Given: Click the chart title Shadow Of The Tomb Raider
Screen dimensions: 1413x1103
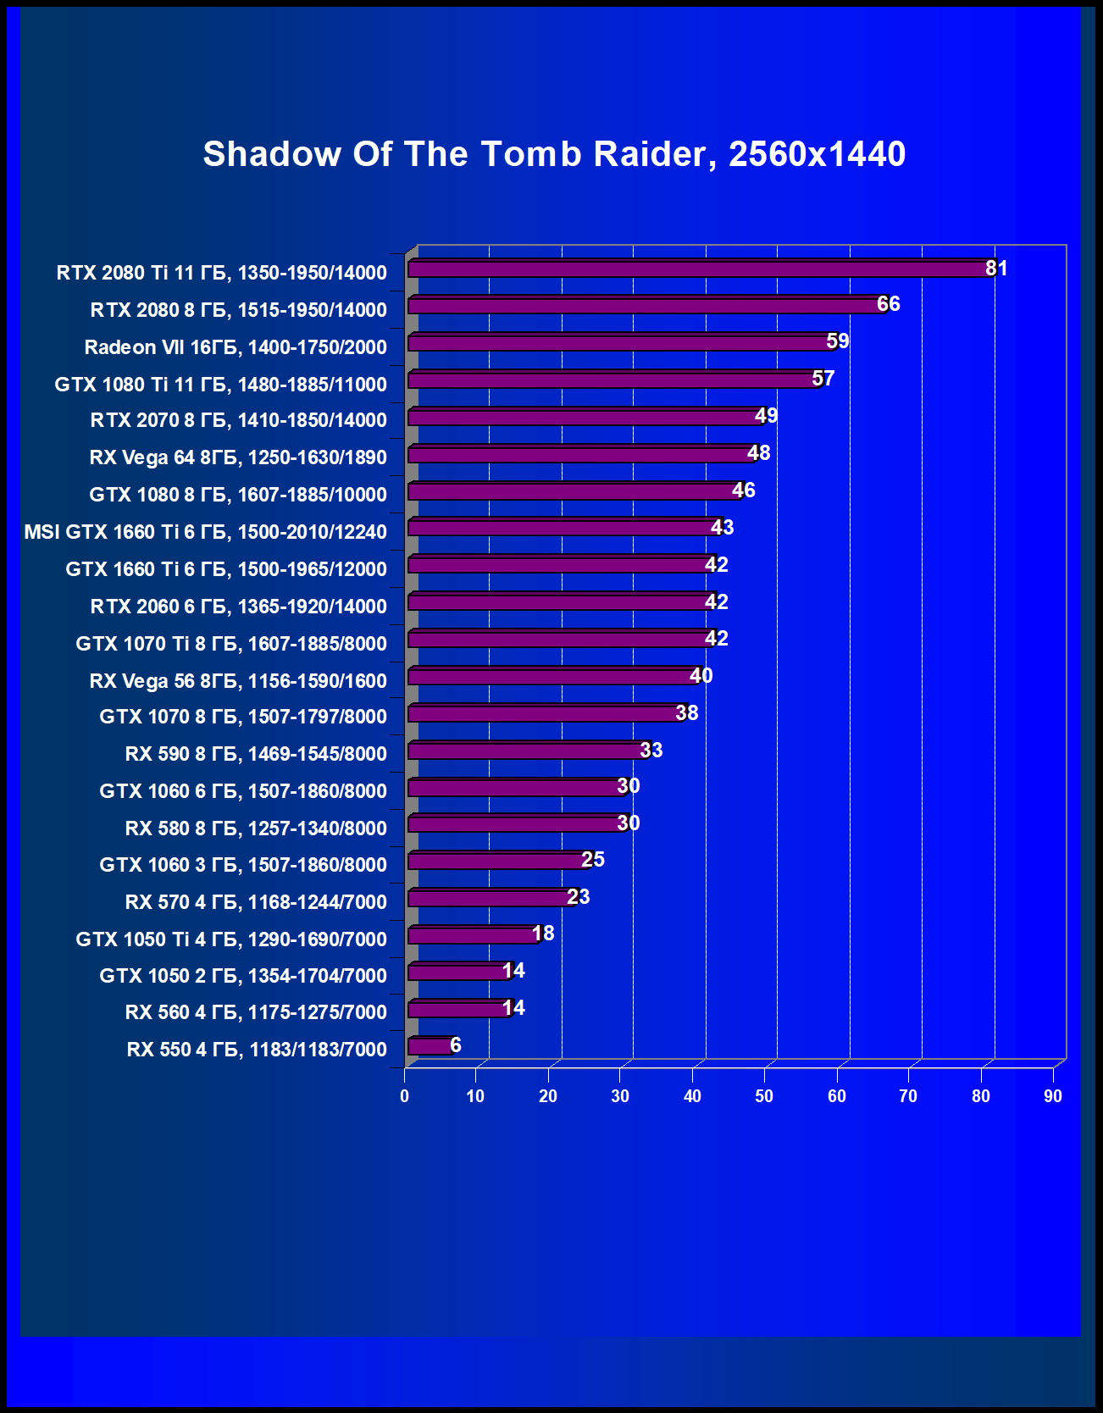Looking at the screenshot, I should [x=554, y=154].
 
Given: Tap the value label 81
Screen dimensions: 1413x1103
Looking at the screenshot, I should [x=996, y=269].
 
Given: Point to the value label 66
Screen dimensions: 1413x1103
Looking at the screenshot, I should [x=888, y=304].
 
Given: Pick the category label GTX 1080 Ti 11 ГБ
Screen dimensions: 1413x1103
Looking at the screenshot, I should [x=220, y=385].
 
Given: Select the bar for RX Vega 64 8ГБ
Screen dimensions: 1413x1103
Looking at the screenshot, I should [x=580, y=455].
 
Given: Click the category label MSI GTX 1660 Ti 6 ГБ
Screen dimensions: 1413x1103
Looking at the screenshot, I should [x=205, y=532].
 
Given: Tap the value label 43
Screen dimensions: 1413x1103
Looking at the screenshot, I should [x=722, y=528].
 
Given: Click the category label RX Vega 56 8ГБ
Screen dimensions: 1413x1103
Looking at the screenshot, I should [x=238, y=681].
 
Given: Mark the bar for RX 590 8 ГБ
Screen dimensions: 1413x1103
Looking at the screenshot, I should [x=526, y=751].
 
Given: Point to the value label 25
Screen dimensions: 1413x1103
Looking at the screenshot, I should [x=593, y=860].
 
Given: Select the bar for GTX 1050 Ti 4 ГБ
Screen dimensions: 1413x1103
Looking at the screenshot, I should [x=472, y=935].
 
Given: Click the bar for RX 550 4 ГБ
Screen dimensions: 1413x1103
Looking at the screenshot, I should [x=430, y=1046].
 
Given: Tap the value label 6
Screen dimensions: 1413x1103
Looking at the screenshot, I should [x=456, y=1045].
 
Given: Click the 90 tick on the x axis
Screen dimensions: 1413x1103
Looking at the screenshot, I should [x=1052, y=1096].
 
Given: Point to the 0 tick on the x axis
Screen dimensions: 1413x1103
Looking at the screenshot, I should [x=404, y=1096].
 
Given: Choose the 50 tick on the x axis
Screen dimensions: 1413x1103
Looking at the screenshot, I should [x=764, y=1096].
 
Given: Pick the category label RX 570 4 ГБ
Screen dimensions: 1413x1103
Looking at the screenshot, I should [x=256, y=902].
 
